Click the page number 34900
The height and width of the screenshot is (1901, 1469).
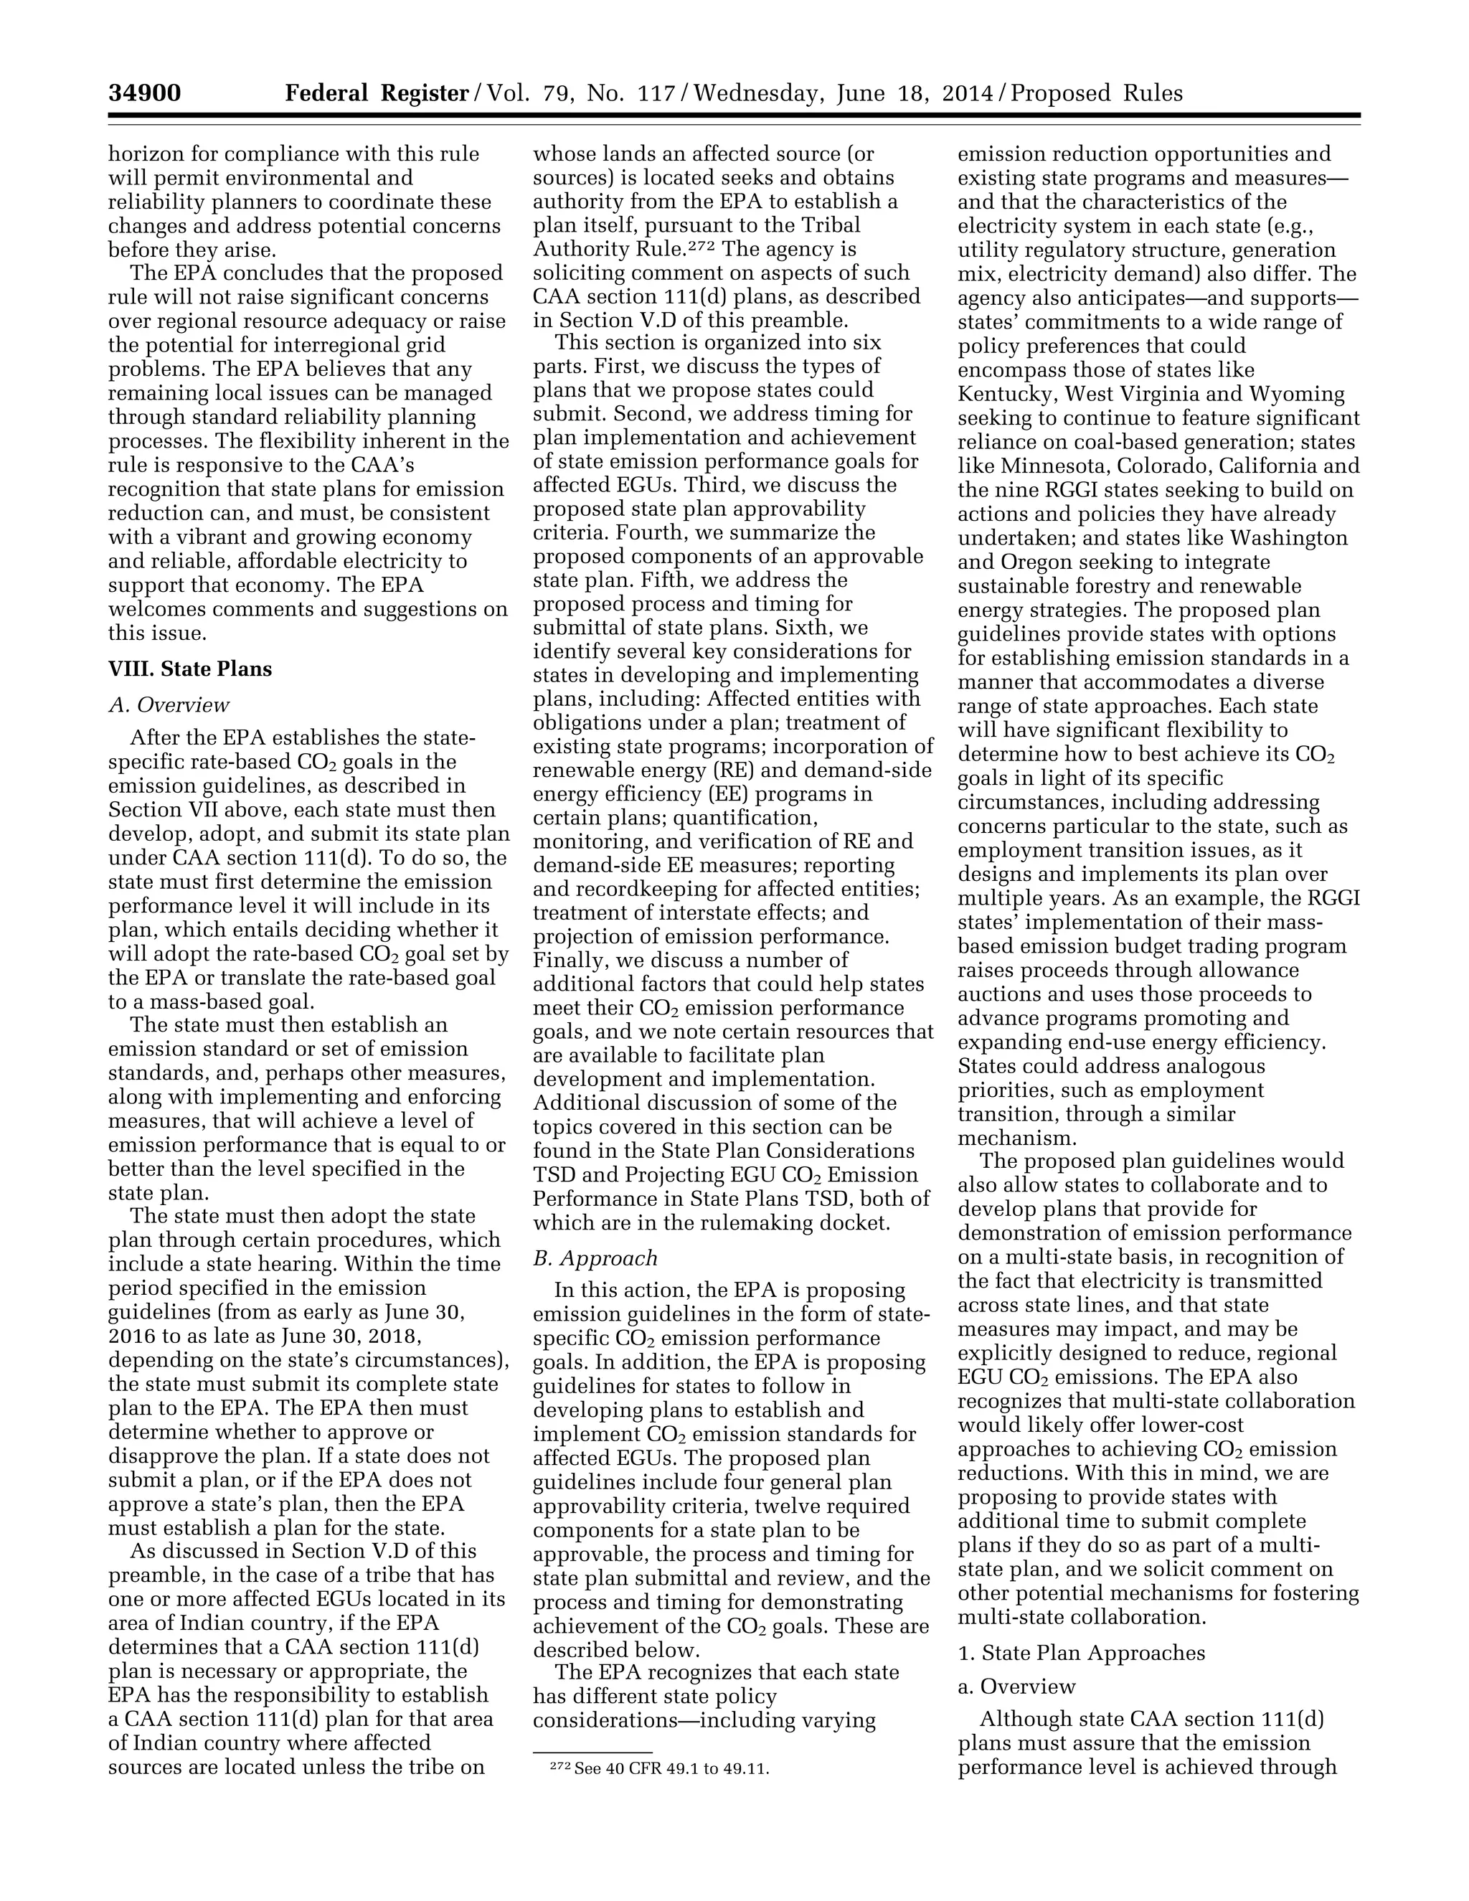tap(144, 93)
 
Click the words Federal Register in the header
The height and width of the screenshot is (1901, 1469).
tap(377, 93)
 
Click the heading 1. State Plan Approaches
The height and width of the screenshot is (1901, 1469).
tap(1082, 1652)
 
